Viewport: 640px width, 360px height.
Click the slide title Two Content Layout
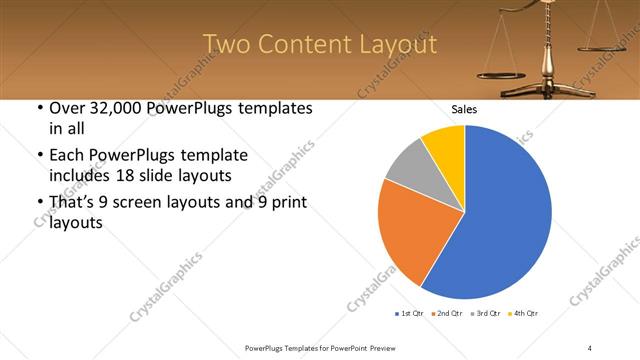tap(319, 45)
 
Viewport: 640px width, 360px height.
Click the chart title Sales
tap(464, 109)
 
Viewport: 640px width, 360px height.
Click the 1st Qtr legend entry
tap(410, 314)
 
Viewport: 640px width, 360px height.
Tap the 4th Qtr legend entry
tap(525, 314)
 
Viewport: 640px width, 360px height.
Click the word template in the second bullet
tap(214, 156)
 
